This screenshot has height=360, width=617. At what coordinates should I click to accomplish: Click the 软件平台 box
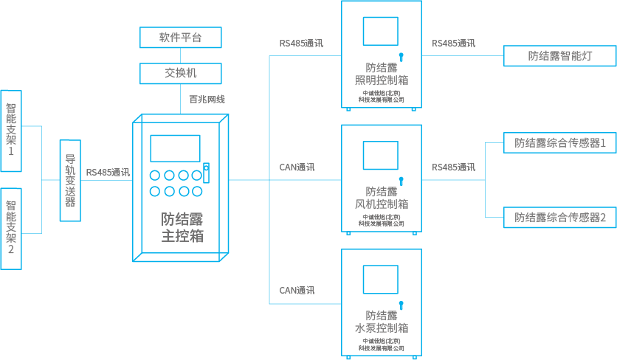[x=181, y=37]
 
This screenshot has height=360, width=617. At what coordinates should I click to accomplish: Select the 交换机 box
[x=181, y=73]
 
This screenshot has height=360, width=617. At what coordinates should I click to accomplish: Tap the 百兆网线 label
[x=207, y=99]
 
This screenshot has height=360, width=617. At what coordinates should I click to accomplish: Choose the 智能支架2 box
[x=11, y=228]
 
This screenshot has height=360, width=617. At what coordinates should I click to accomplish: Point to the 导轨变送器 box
[x=70, y=180]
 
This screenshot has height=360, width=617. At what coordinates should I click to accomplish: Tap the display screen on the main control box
[x=175, y=148]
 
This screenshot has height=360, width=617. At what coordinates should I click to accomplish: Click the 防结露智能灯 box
[x=560, y=55]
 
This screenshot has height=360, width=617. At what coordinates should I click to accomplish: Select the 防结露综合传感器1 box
[x=560, y=143]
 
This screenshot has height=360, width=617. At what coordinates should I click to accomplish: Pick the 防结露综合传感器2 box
[x=560, y=217]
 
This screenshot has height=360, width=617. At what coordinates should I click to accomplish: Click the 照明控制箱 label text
[x=382, y=80]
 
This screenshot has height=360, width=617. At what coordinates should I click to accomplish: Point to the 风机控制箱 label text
[x=382, y=204]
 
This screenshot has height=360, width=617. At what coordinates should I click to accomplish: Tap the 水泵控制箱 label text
[x=382, y=328]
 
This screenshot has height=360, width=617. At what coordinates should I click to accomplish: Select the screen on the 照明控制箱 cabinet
[x=381, y=30]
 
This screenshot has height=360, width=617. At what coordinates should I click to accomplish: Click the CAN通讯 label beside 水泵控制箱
[x=297, y=291]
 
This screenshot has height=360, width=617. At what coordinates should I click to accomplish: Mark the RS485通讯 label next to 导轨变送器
[x=108, y=173]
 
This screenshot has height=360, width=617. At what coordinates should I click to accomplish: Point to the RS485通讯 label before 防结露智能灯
[x=454, y=44]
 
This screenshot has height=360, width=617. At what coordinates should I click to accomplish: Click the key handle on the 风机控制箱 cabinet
[x=401, y=180]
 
